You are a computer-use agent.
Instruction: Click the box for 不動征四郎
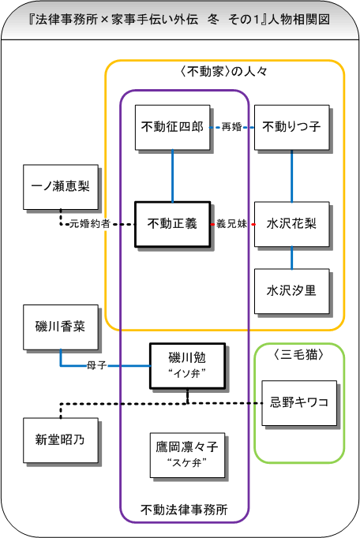172,127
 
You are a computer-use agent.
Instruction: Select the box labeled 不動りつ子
291,127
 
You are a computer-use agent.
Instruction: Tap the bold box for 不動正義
172,224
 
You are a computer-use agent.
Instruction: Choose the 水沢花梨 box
291,224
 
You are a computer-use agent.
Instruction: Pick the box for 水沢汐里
291,291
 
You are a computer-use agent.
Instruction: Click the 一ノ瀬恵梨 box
61,187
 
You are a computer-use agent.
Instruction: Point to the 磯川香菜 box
61,327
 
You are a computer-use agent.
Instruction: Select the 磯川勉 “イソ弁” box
188,366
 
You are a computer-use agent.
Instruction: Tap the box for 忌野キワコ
299,403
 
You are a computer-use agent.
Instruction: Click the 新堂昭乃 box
61,440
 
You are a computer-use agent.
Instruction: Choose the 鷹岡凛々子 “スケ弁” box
188,455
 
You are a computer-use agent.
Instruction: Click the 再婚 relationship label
232,127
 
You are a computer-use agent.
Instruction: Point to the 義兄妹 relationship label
232,224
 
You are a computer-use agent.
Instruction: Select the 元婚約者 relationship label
90,224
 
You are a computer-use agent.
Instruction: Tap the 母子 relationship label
97,365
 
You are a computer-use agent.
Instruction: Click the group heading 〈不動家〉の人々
224,71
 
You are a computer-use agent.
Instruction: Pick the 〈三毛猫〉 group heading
299,354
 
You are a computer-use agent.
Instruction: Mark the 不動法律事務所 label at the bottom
184,509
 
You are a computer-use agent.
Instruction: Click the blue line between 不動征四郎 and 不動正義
172,176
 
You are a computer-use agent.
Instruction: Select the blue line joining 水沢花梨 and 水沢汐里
291,258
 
